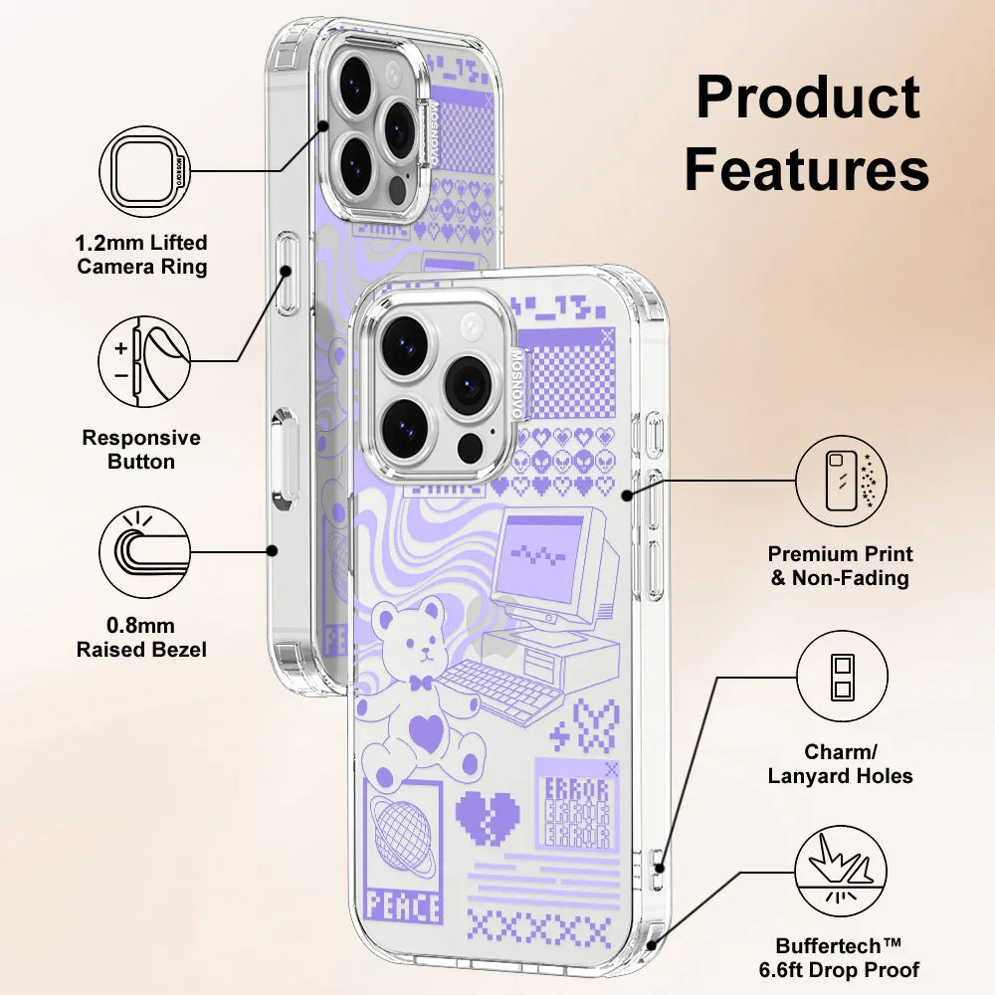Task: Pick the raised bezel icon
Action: pos(144,550)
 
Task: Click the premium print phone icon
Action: pos(841,481)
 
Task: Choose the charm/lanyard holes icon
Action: pos(841,678)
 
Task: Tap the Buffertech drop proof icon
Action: pos(841,873)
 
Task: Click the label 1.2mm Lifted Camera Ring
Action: pos(142,255)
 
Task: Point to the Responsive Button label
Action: pos(141,450)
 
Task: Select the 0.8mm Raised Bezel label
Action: pos(142,638)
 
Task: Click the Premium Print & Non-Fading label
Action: pos(841,566)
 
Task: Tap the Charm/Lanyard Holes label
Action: pos(841,764)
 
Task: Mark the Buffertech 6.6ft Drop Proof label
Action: pos(848,958)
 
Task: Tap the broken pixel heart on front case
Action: pos(488,816)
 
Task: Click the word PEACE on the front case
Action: pos(403,906)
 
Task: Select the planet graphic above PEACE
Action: pos(403,826)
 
